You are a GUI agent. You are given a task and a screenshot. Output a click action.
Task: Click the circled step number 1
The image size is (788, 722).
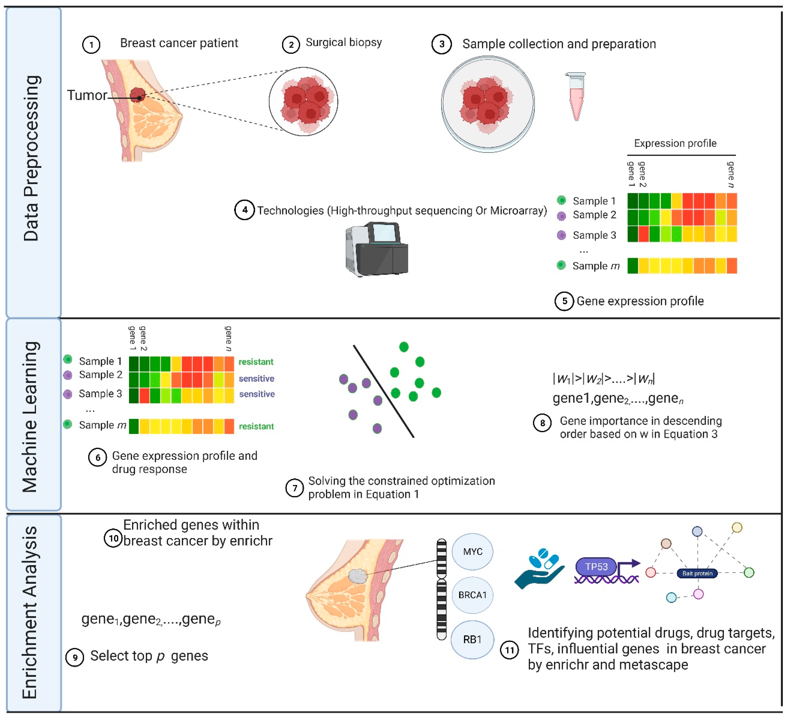[91, 45]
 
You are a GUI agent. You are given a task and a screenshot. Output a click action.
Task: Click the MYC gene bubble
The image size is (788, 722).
[473, 552]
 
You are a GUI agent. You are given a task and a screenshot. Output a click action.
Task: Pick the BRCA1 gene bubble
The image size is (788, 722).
[473, 595]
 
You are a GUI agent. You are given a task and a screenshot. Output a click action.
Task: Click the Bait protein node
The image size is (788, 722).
[697, 573]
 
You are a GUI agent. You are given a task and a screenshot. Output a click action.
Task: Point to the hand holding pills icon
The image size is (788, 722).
[540, 569]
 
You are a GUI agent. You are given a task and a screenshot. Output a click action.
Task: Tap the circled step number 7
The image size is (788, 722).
[295, 488]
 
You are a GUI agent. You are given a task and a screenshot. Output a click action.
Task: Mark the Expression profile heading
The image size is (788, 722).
[675, 143]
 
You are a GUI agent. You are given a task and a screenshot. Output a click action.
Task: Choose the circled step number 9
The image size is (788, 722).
[75, 657]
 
